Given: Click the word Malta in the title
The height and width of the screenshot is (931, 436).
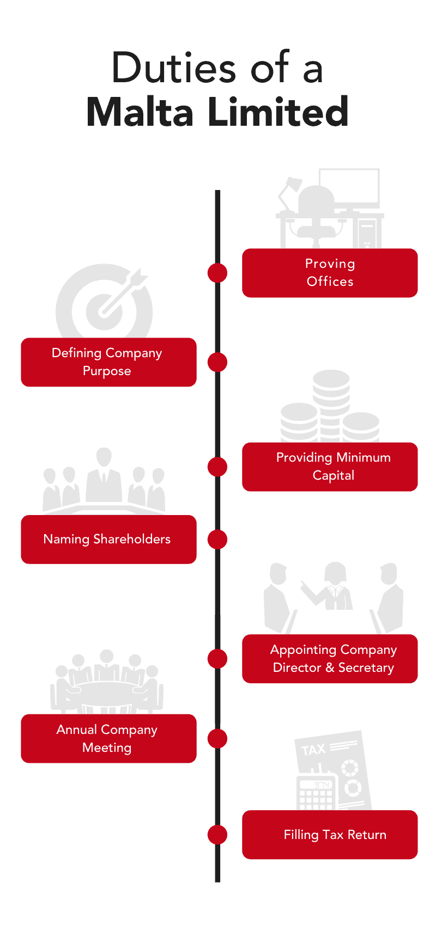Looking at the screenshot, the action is (x=140, y=112).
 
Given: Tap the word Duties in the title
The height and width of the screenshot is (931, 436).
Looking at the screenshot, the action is (x=174, y=68).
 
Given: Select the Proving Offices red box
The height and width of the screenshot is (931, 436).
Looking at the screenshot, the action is (x=330, y=273).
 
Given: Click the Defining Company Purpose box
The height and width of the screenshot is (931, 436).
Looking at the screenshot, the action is (x=108, y=362).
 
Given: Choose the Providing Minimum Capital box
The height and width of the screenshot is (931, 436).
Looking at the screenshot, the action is (x=330, y=467).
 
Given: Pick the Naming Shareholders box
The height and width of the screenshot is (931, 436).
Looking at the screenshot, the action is (x=108, y=539).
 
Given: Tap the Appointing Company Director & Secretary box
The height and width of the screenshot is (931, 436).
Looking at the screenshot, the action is (x=330, y=659).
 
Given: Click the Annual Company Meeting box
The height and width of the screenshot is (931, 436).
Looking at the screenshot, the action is (x=108, y=739).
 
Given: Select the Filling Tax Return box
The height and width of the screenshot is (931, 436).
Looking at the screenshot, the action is (x=330, y=835).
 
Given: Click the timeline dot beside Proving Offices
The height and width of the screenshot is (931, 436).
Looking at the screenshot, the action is (x=217, y=273).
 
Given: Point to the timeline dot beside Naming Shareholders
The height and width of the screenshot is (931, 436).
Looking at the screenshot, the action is (x=217, y=540).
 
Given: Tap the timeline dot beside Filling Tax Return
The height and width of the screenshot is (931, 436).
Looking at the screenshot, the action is (x=217, y=835).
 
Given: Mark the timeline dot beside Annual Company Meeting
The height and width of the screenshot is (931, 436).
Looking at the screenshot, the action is (x=217, y=739).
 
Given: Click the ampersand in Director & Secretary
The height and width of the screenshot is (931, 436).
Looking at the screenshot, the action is (x=330, y=667).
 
